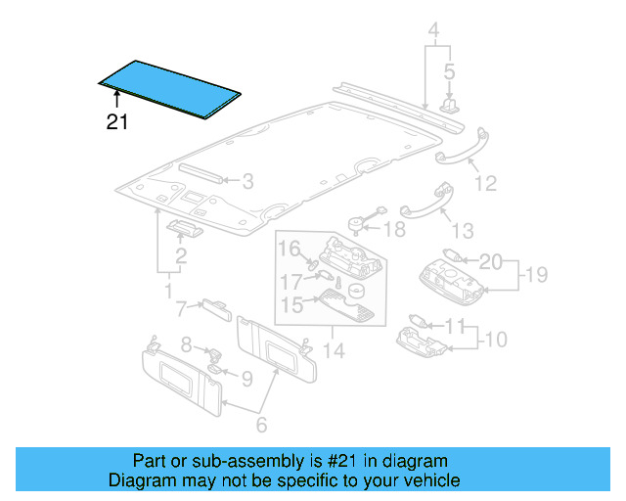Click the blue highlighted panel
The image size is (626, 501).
[x=170, y=88]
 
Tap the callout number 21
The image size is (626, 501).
[x=117, y=122]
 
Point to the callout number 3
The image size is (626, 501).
[x=247, y=181]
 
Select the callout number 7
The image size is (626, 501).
[x=181, y=310]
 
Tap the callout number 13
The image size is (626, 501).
[x=463, y=231]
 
